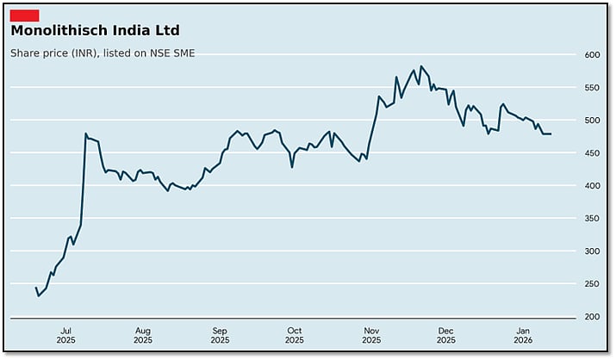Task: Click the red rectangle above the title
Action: click(x=24, y=15)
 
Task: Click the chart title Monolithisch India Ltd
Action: click(x=95, y=31)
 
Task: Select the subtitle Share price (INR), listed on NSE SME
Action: click(x=103, y=53)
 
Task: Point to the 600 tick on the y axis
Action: click(x=592, y=55)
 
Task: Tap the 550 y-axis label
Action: click(x=592, y=88)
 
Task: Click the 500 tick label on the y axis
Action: click(x=592, y=121)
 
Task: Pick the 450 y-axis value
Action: click(x=592, y=153)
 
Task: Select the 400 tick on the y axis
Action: click(x=592, y=186)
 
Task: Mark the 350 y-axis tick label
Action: click(x=592, y=219)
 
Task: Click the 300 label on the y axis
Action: click(x=592, y=251)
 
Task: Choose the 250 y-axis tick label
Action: click(x=592, y=284)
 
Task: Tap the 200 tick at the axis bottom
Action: click(x=592, y=317)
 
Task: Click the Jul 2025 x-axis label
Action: click(x=66, y=335)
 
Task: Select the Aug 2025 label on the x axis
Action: click(x=143, y=335)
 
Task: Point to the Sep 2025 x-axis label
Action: click(x=220, y=335)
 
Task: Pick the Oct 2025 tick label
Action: click(x=295, y=335)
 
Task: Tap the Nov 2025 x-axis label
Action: click(x=371, y=335)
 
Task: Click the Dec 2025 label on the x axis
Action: click(x=446, y=335)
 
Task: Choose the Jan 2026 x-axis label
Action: click(x=523, y=335)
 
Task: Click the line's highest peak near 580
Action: click(x=420, y=66)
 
